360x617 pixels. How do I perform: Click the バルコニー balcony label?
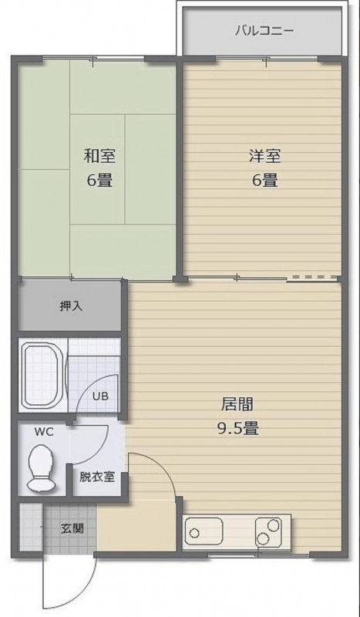pyautogui.click(x=264, y=31)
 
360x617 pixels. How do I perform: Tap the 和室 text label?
pyautogui.click(x=99, y=157)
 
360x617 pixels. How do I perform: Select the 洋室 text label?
pyautogui.click(x=264, y=157)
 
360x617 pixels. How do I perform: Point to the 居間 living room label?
pyautogui.click(x=237, y=404)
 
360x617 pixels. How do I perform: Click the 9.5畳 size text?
pyautogui.click(x=238, y=428)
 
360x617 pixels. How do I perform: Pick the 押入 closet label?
pyautogui.click(x=71, y=306)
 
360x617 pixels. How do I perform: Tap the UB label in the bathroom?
pyautogui.click(x=100, y=396)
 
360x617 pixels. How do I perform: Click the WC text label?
pyautogui.click(x=44, y=432)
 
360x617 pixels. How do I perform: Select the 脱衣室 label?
pyautogui.click(x=97, y=477)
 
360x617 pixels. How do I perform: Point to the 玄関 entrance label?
pyautogui.click(x=72, y=528)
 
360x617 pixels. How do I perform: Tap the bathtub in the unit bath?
pyautogui.click(x=42, y=376)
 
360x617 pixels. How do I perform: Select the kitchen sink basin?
pyautogui.click(x=204, y=531)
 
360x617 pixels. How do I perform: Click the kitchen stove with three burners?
pyautogui.click(x=269, y=531)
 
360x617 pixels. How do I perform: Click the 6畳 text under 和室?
pyautogui.click(x=99, y=180)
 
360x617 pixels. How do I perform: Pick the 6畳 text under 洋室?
pyautogui.click(x=264, y=180)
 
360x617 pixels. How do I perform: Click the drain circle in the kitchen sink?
pyautogui.click(x=194, y=534)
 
